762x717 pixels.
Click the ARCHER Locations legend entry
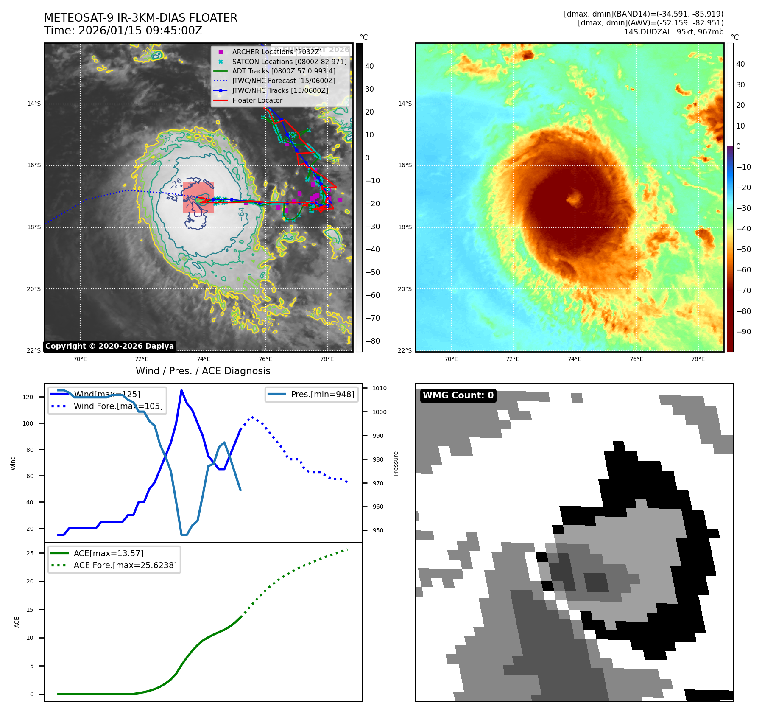coord(276,52)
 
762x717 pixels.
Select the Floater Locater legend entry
coord(257,100)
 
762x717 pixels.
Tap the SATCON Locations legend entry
coord(289,62)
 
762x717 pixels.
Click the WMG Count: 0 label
coord(458,395)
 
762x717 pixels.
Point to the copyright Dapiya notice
coord(109,346)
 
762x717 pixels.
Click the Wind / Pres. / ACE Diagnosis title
coord(203,371)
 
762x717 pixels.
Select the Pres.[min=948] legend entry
coord(322,394)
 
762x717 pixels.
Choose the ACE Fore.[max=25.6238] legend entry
coord(125,565)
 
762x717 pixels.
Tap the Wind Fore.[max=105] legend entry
coord(118,406)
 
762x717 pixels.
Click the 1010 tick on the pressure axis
coord(380,388)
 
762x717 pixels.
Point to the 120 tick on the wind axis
coord(28,397)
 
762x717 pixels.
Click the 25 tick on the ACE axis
coord(30,553)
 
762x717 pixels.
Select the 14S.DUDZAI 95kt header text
coord(673,32)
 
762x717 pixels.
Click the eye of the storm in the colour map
coord(575,199)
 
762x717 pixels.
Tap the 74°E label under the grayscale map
coord(204,359)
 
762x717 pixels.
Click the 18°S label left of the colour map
coord(405,227)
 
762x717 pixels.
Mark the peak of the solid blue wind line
coord(181,390)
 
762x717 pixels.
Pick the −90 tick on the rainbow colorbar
coord(743,332)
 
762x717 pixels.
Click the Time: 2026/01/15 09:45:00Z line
coord(123,31)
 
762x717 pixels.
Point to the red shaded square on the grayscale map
coord(198,197)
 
